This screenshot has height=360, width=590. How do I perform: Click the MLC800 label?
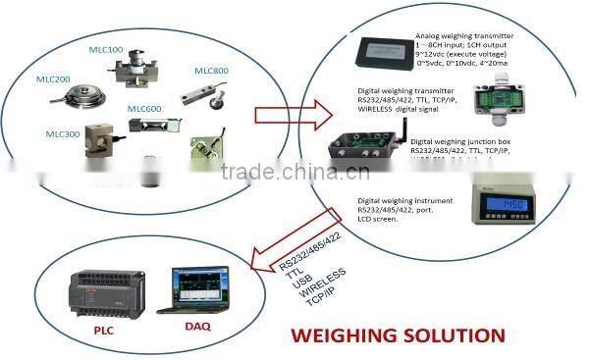[x=211, y=70]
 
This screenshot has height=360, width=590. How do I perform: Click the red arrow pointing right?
[x=282, y=115]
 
